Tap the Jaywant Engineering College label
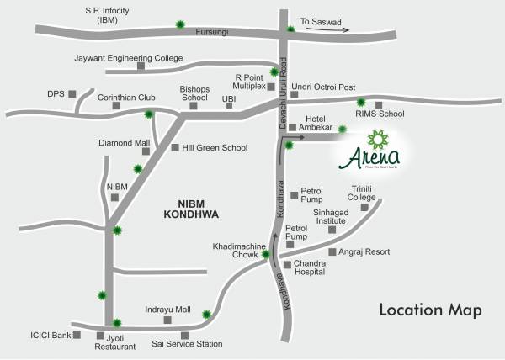(x=128, y=58)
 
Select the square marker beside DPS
(x=72, y=93)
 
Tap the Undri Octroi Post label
(x=323, y=87)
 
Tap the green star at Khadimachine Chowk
(x=266, y=254)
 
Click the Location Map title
(x=430, y=310)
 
